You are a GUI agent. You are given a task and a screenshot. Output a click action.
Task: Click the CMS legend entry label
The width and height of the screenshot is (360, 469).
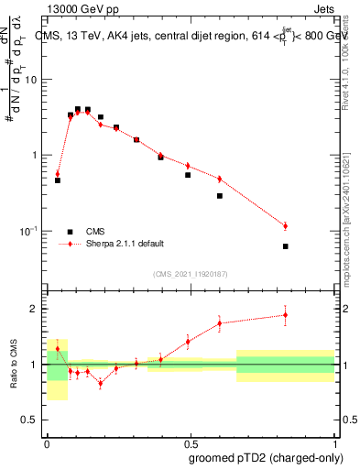[96, 232]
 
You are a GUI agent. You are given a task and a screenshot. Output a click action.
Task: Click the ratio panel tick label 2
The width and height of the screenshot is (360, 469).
[36, 309]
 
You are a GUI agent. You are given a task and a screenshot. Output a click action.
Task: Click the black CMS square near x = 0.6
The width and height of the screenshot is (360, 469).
[220, 196]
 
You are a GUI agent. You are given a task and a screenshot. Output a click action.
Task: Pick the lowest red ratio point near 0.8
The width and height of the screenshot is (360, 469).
[100, 383]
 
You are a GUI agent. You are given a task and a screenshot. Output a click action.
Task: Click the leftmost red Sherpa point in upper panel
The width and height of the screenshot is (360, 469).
[57, 174]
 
